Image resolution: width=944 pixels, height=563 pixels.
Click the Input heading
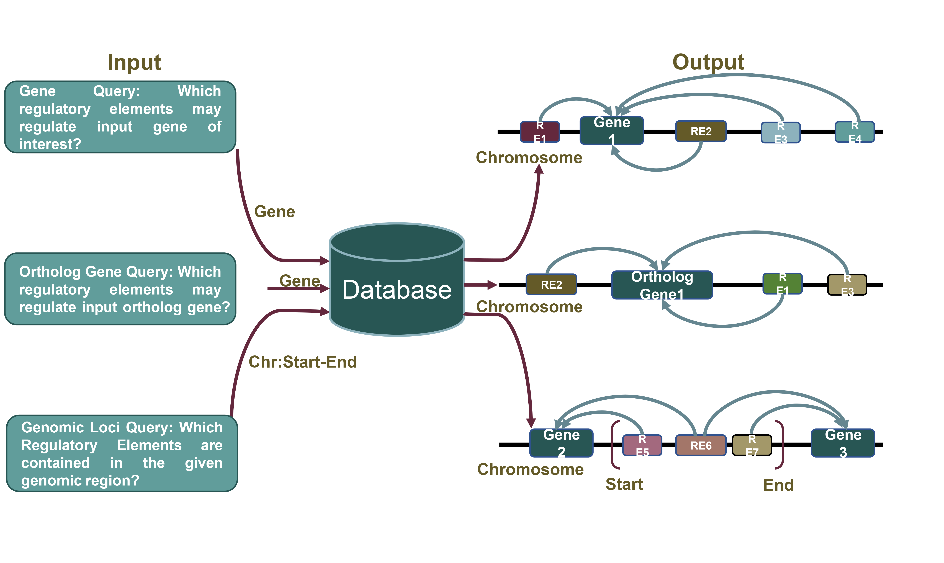coord(134,62)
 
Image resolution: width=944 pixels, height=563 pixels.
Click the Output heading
coord(708,62)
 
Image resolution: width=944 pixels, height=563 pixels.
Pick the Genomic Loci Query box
coord(122,453)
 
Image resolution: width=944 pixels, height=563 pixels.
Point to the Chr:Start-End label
coord(302,362)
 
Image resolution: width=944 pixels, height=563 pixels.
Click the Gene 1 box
coord(612,131)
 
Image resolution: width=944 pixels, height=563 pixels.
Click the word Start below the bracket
coord(624,484)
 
